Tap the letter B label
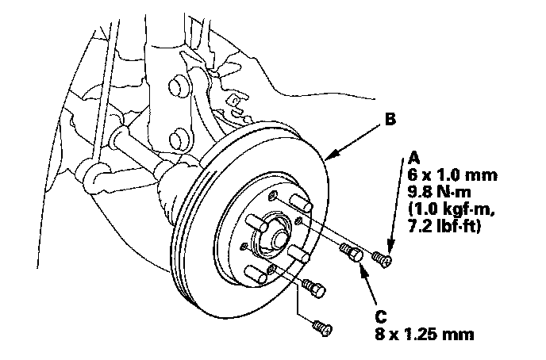tap(390, 121)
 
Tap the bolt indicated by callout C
tap(352, 253)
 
